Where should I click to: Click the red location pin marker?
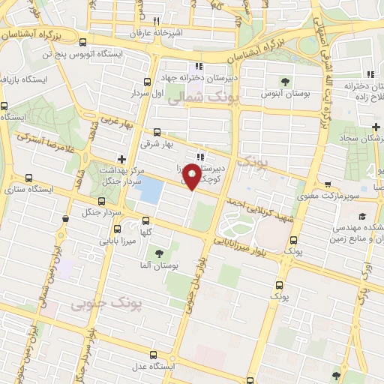pyautogui.click(x=193, y=177)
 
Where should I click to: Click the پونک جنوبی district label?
pyautogui.click(x=106, y=303)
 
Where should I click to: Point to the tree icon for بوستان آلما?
pyautogui.click(x=158, y=253)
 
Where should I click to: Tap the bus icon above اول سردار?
pyautogui.click(x=146, y=83)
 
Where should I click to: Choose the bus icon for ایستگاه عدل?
pyautogui.click(x=154, y=354)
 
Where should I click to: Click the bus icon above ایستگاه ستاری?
pyautogui.click(x=29, y=178)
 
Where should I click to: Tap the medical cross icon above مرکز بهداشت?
pyautogui.click(x=122, y=159)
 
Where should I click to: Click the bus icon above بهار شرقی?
pyautogui.click(x=157, y=132)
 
